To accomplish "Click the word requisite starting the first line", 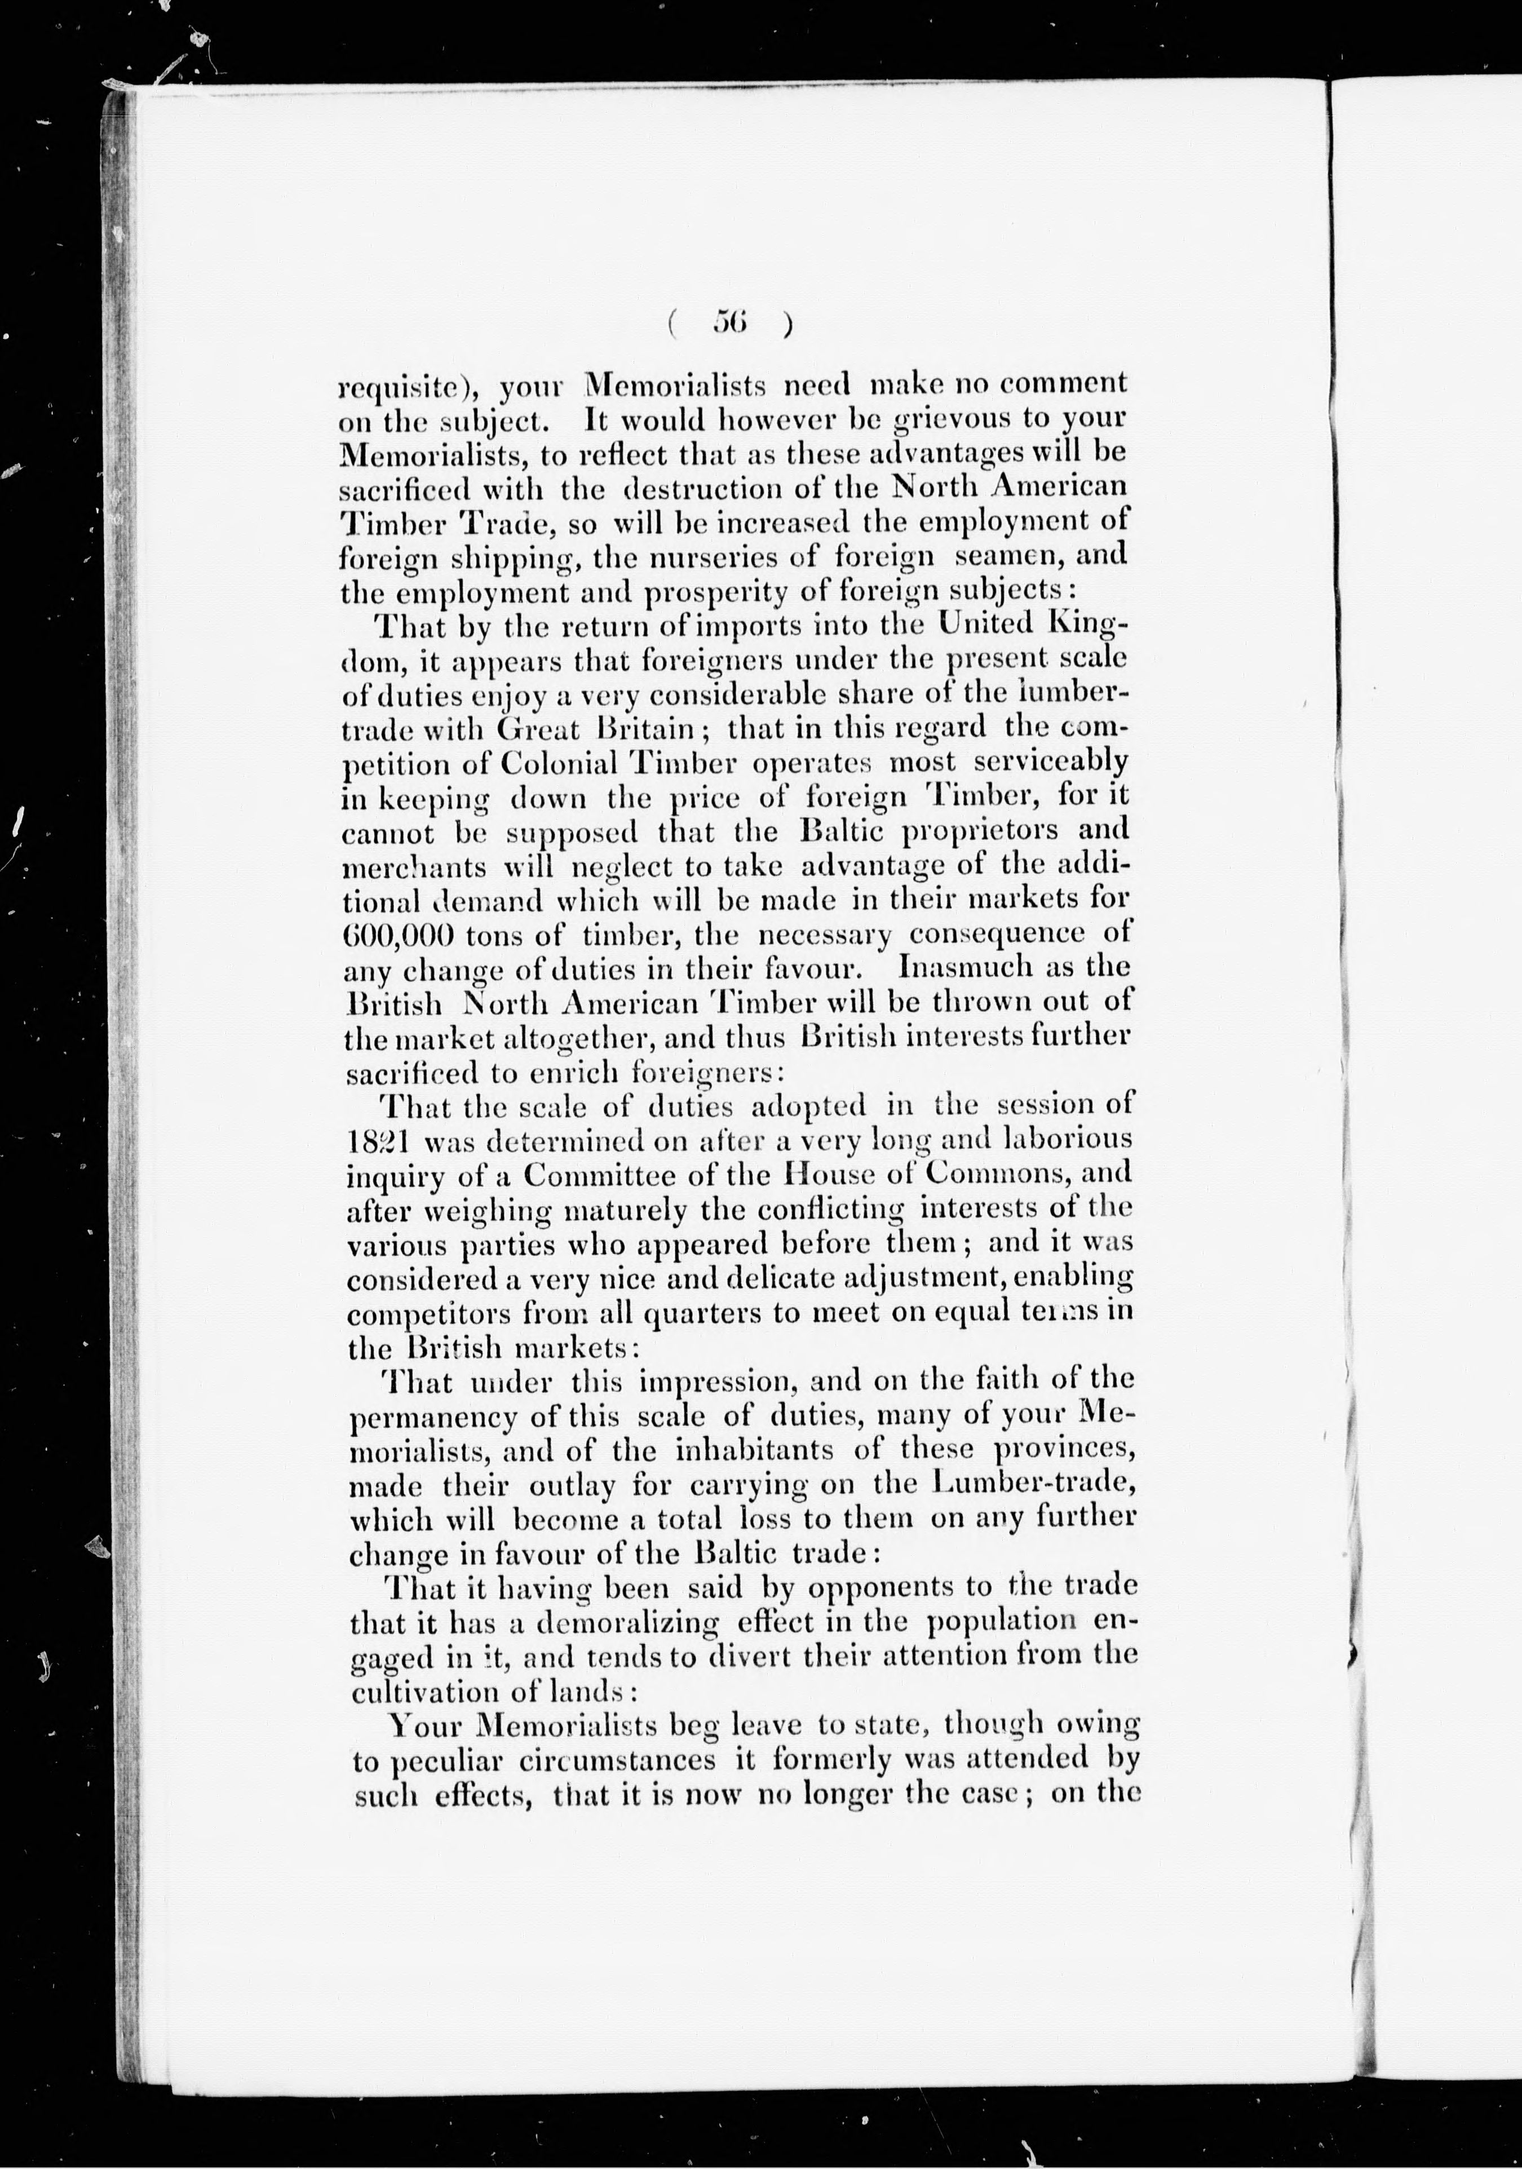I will pos(402,386).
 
